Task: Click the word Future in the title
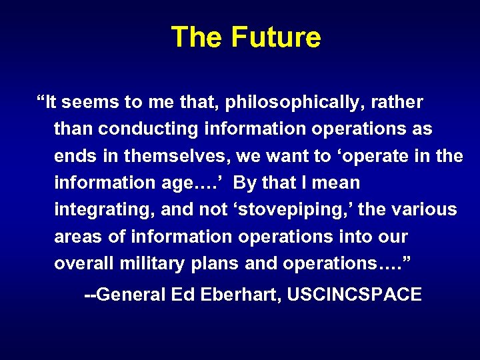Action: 276,37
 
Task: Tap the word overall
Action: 84,263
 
